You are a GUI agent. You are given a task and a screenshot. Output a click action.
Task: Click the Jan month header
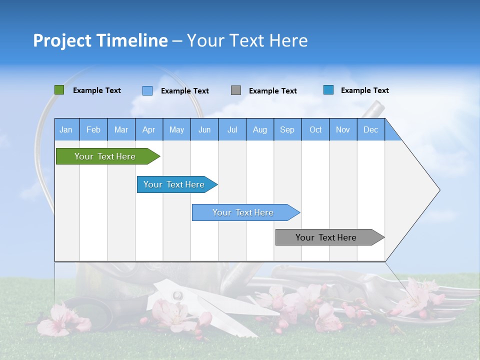(x=66, y=129)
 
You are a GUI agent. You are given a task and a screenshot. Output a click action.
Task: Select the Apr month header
(x=149, y=129)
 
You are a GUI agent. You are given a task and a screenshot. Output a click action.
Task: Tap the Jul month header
(x=232, y=129)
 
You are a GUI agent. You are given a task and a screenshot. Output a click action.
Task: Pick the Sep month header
(x=287, y=129)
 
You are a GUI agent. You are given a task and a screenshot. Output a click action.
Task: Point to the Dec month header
(x=370, y=129)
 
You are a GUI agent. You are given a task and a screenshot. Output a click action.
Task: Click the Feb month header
(x=93, y=129)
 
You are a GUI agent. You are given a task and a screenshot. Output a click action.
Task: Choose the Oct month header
(x=315, y=129)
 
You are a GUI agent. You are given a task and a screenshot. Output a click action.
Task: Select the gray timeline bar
(x=327, y=237)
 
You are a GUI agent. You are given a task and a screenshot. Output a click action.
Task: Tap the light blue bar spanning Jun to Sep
(x=244, y=212)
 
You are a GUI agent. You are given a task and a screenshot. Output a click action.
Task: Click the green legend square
(x=59, y=90)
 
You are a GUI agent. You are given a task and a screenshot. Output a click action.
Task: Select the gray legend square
(x=236, y=90)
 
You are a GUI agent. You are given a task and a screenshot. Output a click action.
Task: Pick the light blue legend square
(x=147, y=90)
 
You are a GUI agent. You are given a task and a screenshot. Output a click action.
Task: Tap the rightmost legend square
(x=328, y=90)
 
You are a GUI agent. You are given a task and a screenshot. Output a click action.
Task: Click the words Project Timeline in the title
(x=100, y=40)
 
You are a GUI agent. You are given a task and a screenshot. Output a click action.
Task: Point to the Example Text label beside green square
(x=97, y=90)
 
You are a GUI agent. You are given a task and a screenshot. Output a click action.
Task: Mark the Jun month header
(x=204, y=129)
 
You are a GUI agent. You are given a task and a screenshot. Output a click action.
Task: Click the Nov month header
(x=343, y=129)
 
